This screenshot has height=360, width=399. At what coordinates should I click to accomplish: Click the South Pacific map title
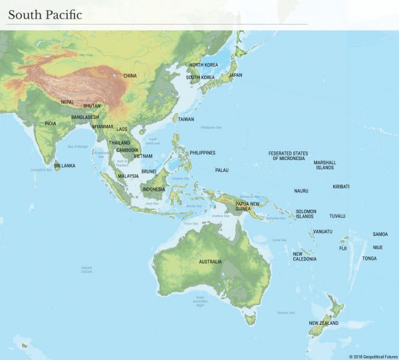(45, 15)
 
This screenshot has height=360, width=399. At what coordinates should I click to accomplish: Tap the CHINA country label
(130, 76)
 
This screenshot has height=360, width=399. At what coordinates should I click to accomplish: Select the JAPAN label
(235, 75)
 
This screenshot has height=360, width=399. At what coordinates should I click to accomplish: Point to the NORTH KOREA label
(203, 65)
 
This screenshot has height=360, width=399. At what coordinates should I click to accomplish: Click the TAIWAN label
(186, 119)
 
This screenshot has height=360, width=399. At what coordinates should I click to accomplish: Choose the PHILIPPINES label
(202, 153)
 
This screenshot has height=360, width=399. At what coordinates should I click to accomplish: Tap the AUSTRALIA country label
(210, 262)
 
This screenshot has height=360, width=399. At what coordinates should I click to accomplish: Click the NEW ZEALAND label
(323, 323)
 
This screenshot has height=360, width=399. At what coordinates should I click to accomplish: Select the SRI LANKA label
(65, 165)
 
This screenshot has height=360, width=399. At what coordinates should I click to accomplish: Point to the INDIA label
(51, 124)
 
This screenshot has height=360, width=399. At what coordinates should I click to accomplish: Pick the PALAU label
(221, 170)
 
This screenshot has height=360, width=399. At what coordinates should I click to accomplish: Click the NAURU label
(301, 191)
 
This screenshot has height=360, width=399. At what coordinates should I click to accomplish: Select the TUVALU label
(337, 216)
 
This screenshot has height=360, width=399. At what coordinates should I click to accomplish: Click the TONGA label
(369, 258)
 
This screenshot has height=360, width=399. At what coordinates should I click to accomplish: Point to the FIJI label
(343, 248)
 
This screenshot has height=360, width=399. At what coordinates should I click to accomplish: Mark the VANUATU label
(323, 232)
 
